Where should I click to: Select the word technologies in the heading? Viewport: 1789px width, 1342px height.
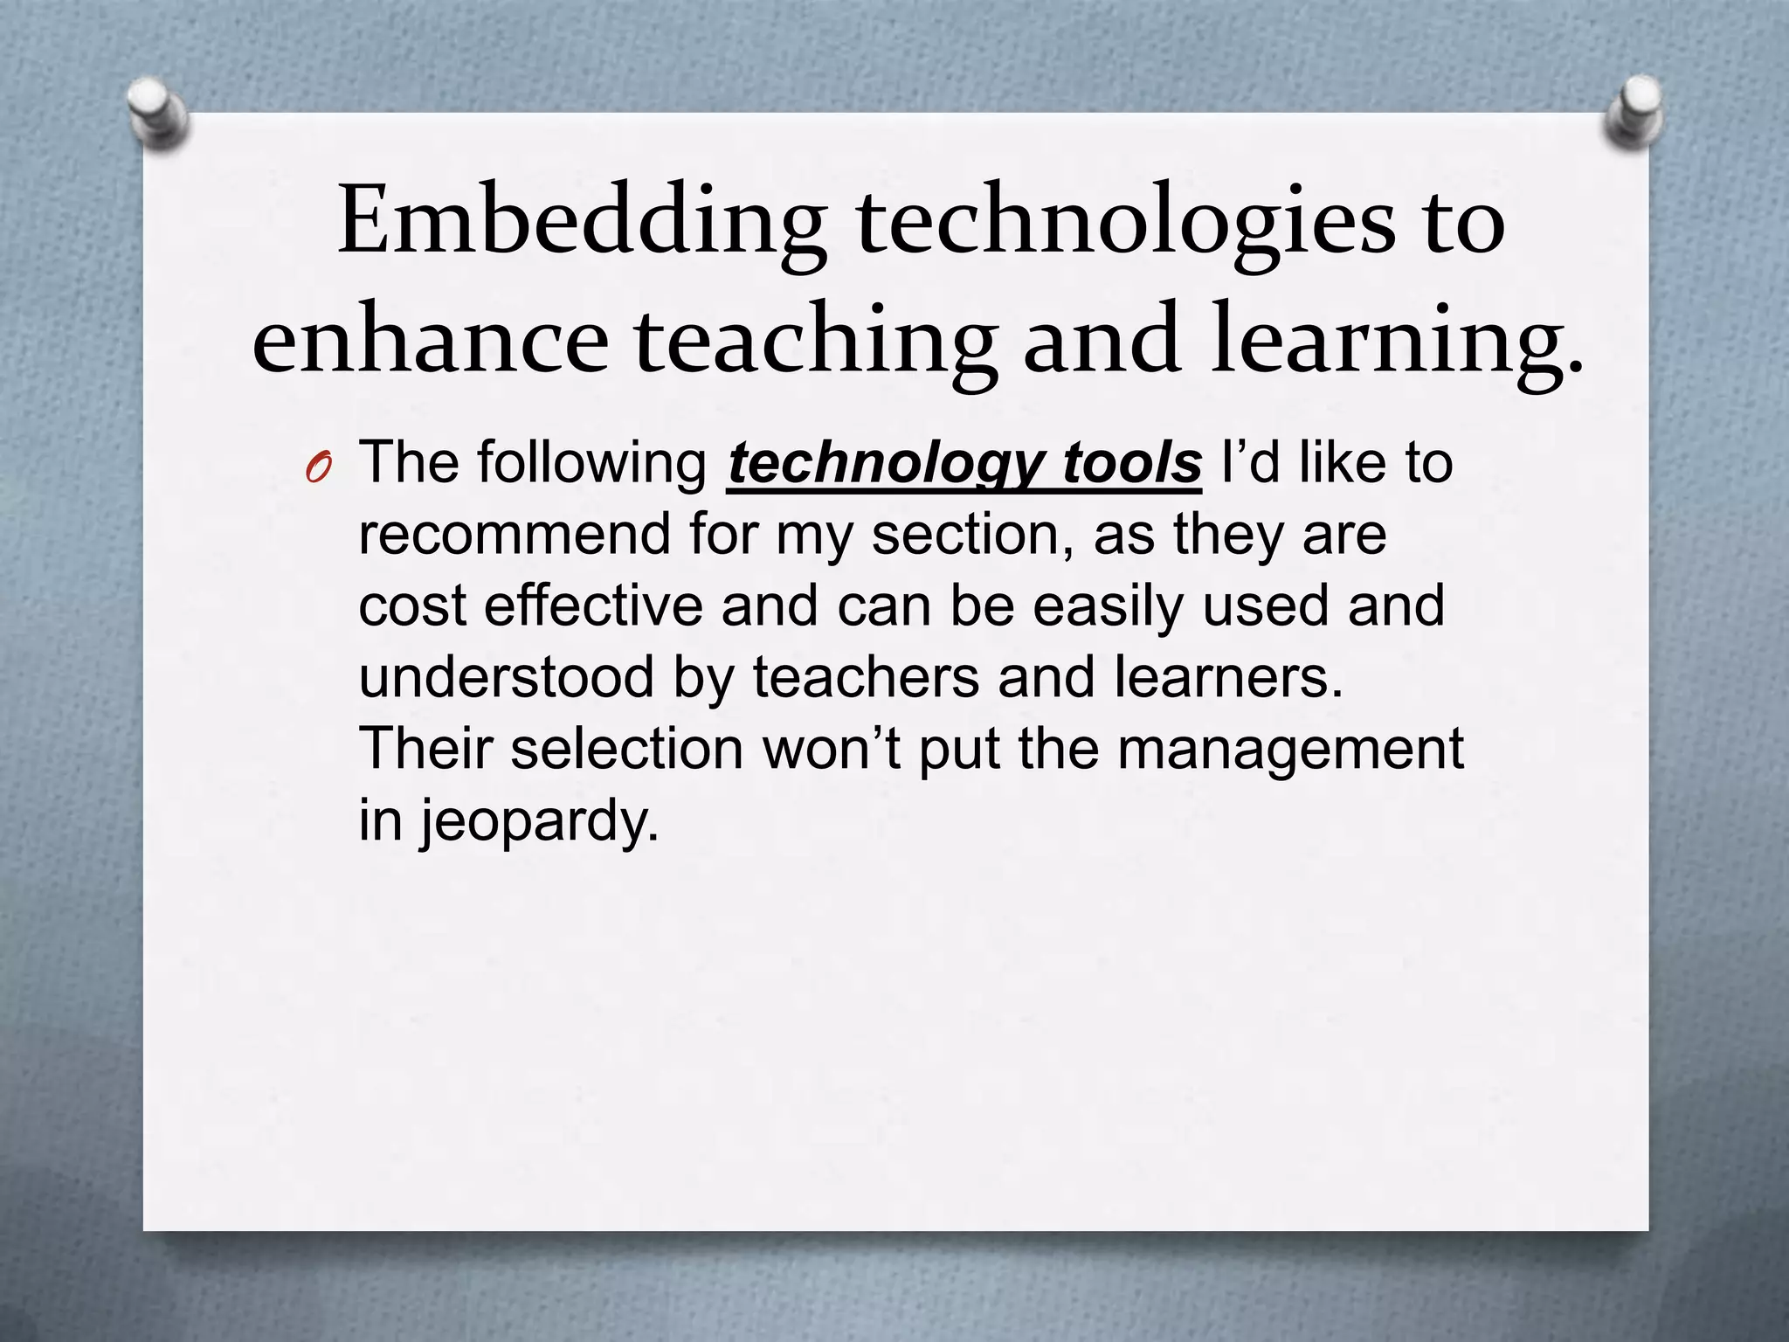[x=1126, y=222]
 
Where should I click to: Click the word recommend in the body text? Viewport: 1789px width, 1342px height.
[x=515, y=535]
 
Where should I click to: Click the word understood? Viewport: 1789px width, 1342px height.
[x=506, y=678]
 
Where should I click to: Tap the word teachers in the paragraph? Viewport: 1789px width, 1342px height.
[x=866, y=678]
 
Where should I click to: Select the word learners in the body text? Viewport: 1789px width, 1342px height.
[x=1227, y=678]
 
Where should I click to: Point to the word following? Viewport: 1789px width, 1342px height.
[x=591, y=463]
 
